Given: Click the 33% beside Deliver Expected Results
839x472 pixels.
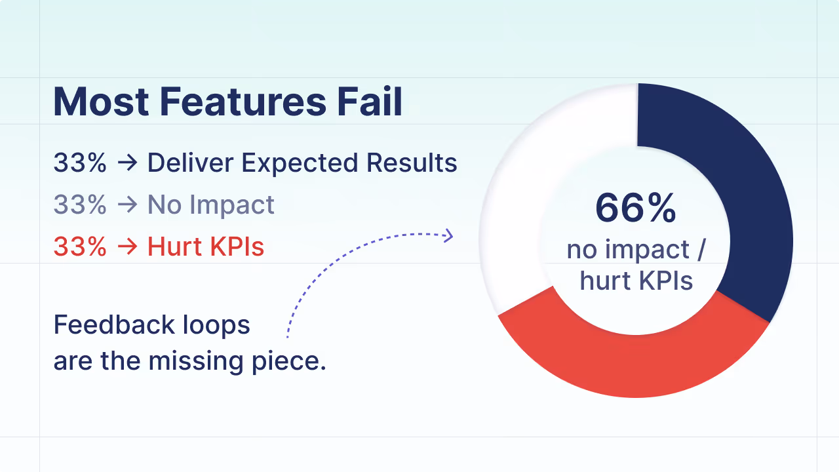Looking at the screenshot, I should tap(80, 163).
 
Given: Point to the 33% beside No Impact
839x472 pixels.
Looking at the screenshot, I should tap(80, 205).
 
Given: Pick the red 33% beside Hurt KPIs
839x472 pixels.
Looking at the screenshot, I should tap(80, 246).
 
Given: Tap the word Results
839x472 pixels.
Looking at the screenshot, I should tap(412, 163).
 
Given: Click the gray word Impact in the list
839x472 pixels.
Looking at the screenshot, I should tap(233, 206).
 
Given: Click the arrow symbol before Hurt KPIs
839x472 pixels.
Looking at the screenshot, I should tap(127, 247).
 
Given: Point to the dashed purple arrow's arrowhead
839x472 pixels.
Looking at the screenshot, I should tap(449, 235).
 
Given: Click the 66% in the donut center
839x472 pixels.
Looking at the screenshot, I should tap(635, 208).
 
